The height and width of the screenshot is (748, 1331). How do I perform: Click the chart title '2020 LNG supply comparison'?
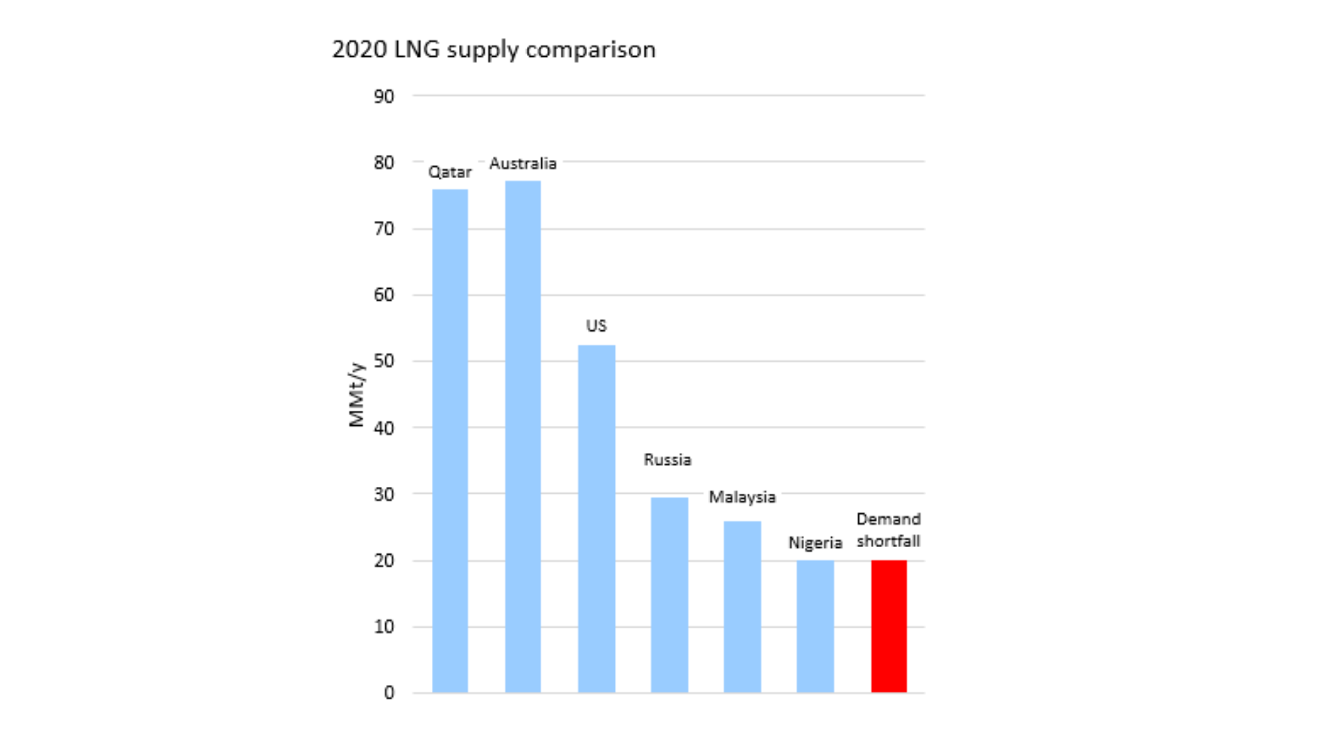point(494,50)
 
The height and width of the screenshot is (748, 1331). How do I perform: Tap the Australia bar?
point(523,436)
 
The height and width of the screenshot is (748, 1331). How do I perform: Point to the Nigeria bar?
point(815,626)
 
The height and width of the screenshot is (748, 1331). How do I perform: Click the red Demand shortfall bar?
point(889,626)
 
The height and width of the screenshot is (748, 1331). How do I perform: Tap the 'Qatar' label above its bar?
point(450,172)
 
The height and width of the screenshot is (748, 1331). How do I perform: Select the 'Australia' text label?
point(523,163)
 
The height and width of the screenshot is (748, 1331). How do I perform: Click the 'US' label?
point(596,326)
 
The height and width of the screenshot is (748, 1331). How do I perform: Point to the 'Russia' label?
point(668,460)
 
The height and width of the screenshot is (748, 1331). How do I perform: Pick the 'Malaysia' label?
point(742,497)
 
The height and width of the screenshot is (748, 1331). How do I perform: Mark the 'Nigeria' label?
point(815,543)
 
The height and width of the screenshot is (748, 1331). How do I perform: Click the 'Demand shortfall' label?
point(888,530)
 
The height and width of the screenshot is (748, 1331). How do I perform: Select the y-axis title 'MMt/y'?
point(356,395)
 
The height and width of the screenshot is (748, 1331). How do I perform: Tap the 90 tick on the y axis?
point(384,96)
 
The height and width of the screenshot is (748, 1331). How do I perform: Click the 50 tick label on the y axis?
point(384,361)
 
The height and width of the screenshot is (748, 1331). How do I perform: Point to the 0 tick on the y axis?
point(389,693)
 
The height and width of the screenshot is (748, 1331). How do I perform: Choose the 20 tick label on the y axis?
point(384,560)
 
